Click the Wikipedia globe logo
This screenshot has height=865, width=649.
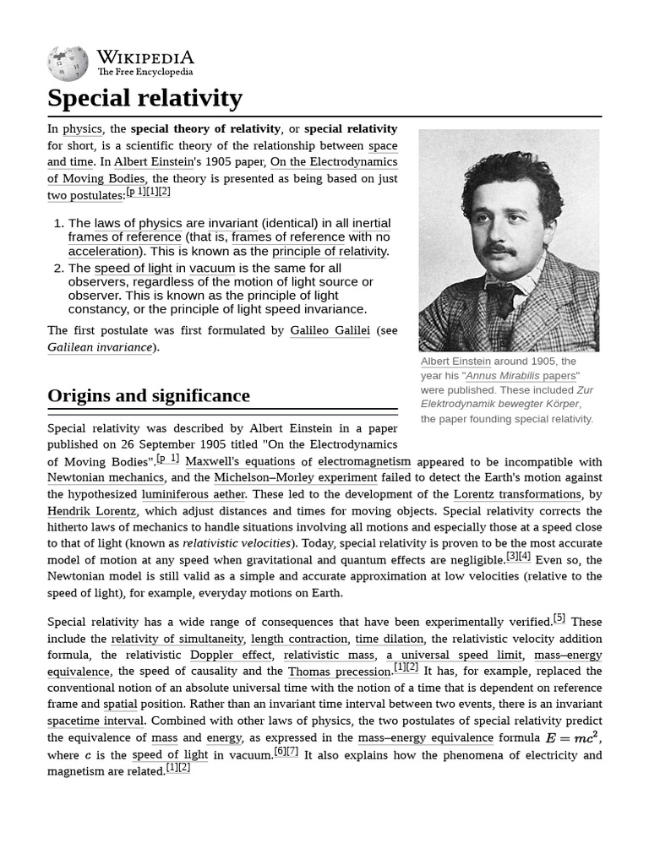(68, 64)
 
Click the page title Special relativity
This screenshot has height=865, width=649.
(145, 98)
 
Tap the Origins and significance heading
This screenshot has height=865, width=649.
(149, 395)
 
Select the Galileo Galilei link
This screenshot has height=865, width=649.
(330, 330)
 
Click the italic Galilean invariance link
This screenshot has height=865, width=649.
(100, 347)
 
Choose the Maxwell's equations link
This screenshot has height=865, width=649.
(240, 461)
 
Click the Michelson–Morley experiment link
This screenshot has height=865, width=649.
(296, 477)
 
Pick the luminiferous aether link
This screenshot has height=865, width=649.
(194, 494)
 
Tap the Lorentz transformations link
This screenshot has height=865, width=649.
(517, 494)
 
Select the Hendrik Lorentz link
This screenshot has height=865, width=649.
(91, 511)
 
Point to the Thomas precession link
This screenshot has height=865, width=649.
(340, 672)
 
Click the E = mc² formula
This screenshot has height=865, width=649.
(572, 737)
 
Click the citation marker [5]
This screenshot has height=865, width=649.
(559, 618)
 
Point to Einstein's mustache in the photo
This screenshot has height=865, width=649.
(499, 250)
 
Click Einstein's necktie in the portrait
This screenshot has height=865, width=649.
(505, 300)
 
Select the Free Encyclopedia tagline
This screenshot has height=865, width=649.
(145, 73)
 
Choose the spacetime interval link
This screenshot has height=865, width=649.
(96, 721)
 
